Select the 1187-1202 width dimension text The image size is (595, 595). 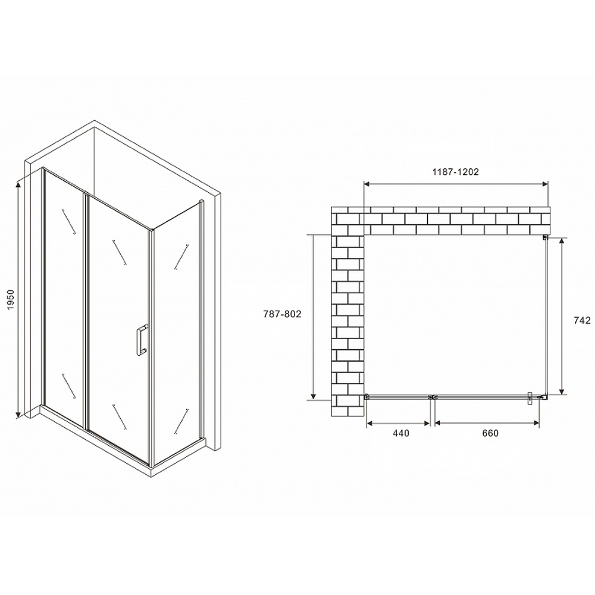456,172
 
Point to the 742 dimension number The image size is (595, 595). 582,320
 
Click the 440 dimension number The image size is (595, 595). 401,433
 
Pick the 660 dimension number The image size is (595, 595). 489,433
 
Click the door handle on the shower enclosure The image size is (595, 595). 142,340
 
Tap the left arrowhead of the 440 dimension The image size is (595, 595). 368,423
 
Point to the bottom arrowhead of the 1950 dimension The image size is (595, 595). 20,413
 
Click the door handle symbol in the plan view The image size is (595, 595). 529,398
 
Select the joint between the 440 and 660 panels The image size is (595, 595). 433,396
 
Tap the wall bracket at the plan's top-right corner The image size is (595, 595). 545,238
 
